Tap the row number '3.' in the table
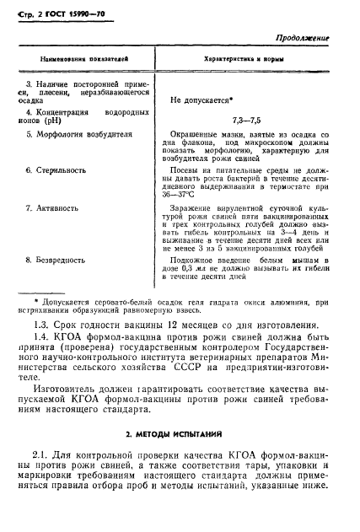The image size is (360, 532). tap(30, 84)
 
